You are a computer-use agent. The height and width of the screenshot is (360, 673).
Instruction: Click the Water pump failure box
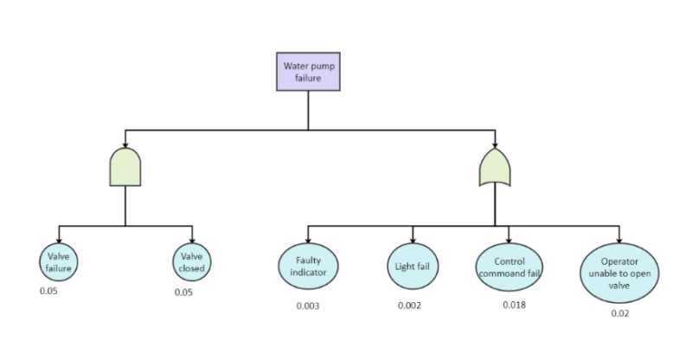point(308,72)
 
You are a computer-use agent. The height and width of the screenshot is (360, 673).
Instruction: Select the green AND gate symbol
point(125,166)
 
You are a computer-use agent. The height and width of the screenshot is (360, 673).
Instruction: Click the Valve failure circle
point(58,262)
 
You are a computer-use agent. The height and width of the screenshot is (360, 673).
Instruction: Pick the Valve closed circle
point(192,262)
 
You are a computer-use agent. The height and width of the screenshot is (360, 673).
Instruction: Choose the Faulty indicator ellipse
point(308,266)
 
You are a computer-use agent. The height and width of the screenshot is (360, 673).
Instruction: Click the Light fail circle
point(413,266)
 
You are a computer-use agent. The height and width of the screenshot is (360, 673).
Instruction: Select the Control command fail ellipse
point(510,267)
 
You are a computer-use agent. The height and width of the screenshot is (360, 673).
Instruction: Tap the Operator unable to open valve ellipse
point(619,273)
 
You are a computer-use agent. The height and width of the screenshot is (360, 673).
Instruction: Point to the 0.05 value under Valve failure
point(49,290)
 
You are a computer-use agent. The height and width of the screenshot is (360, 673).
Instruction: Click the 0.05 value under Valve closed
point(183,292)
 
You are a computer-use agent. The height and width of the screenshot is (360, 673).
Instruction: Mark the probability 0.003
point(308,306)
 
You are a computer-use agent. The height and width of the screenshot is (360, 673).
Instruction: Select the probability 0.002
point(409,305)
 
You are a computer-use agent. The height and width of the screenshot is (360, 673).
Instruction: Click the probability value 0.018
point(514,305)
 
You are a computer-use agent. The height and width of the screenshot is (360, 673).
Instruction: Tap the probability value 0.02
point(619,313)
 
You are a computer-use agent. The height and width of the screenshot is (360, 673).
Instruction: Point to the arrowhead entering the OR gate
point(495,145)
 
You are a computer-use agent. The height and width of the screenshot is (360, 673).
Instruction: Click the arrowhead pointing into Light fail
point(413,241)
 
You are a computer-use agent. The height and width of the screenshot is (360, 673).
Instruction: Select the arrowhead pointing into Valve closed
point(192,241)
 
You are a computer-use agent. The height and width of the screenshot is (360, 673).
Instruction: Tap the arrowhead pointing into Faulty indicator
point(308,241)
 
